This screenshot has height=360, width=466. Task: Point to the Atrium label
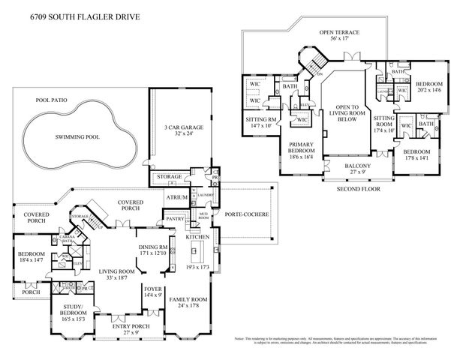[x=177, y=198]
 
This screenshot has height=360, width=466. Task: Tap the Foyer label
[x=153, y=288]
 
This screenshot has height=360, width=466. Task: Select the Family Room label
[x=189, y=299]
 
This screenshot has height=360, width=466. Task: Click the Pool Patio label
[x=52, y=99]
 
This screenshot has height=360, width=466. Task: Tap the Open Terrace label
[x=339, y=33]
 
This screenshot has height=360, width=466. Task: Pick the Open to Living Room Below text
[x=346, y=112]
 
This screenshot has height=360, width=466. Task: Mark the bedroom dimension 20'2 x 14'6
[x=429, y=90]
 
